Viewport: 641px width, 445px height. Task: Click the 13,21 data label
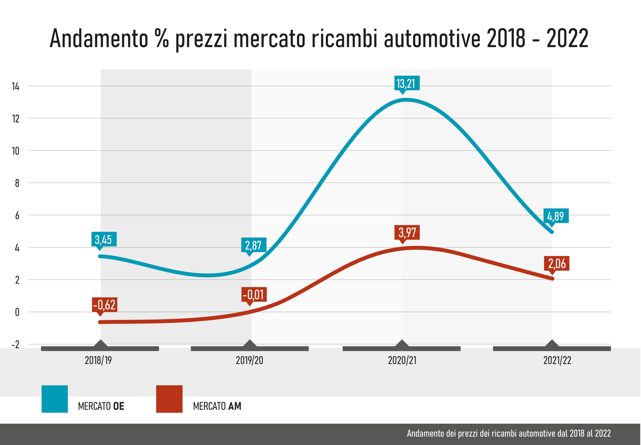[406, 84]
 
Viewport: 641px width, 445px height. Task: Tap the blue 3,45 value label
[104, 239]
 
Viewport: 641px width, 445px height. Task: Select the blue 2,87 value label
[254, 245]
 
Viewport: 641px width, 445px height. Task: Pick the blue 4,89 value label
[556, 216]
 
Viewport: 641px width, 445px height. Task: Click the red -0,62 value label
[104, 305]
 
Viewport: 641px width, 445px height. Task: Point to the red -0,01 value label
[254, 294]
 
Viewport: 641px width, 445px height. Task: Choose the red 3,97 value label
[407, 233]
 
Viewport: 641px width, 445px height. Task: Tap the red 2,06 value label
[557, 264]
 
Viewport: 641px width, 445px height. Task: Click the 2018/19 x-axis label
[98, 360]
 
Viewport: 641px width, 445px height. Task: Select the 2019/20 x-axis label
[249, 360]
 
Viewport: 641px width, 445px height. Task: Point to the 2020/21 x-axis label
[402, 360]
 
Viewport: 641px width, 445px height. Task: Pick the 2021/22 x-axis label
[557, 360]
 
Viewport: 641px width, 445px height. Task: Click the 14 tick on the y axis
[16, 87]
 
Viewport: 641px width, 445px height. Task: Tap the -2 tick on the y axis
[15, 345]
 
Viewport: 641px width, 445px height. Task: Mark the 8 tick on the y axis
[17, 183]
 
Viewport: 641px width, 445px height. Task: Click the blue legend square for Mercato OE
[55, 399]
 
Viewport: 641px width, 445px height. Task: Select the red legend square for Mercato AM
[169, 399]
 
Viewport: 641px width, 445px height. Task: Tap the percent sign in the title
[162, 38]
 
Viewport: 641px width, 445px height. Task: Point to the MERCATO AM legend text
[217, 406]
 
